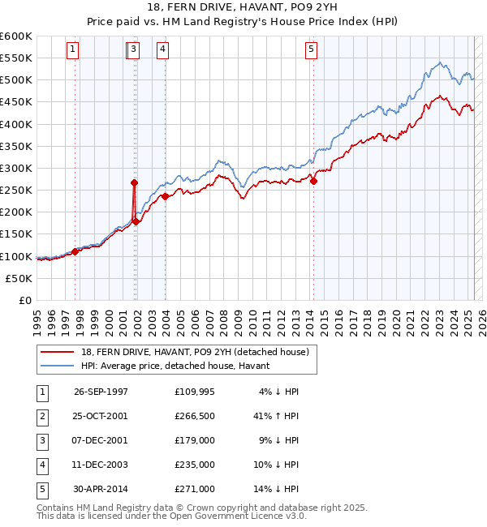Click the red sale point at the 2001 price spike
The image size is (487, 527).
(134, 183)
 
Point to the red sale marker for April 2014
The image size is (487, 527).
(313, 182)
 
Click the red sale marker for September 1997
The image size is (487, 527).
(75, 251)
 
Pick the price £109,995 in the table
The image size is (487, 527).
(195, 392)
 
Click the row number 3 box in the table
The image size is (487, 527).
(41, 440)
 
